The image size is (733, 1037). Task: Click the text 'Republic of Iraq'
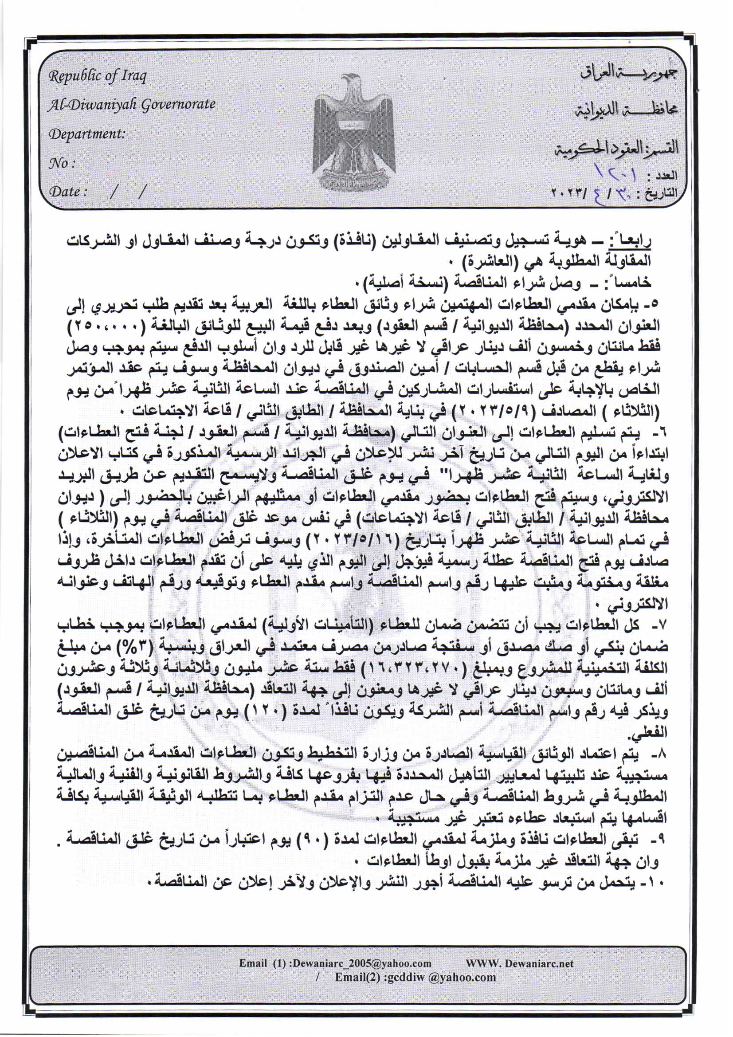98,76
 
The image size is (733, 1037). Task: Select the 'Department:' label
87,134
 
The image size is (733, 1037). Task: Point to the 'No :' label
62,163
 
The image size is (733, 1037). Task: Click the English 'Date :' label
67,192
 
